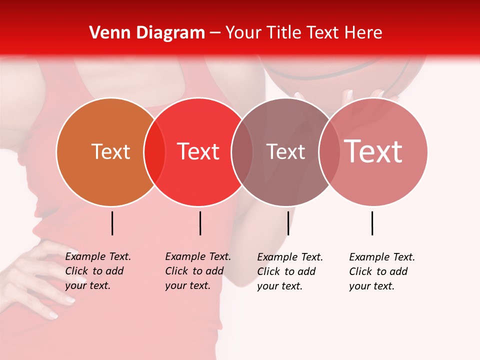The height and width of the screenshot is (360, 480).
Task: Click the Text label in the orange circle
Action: tap(110, 151)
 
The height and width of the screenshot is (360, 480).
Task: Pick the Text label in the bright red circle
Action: tap(198, 151)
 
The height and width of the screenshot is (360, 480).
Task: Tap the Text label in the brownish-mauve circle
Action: tap(285, 151)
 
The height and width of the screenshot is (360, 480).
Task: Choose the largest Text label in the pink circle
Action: tap(373, 151)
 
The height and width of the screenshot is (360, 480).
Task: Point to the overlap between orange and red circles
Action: tap(154, 152)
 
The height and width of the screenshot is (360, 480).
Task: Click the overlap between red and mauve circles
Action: tap(242, 152)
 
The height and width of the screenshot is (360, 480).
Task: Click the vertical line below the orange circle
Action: tap(112, 223)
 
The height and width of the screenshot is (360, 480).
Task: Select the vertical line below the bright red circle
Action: tap(200, 223)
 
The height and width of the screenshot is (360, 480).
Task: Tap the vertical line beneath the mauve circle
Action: tap(288, 223)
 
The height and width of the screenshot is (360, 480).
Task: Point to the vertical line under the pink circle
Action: tap(372, 223)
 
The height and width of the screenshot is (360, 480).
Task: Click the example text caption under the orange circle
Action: tap(98, 271)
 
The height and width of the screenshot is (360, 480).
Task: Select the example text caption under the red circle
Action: tap(198, 271)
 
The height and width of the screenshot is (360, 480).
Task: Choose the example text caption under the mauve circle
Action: tap(290, 271)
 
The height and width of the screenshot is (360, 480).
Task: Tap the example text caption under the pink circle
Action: tap(382, 271)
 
